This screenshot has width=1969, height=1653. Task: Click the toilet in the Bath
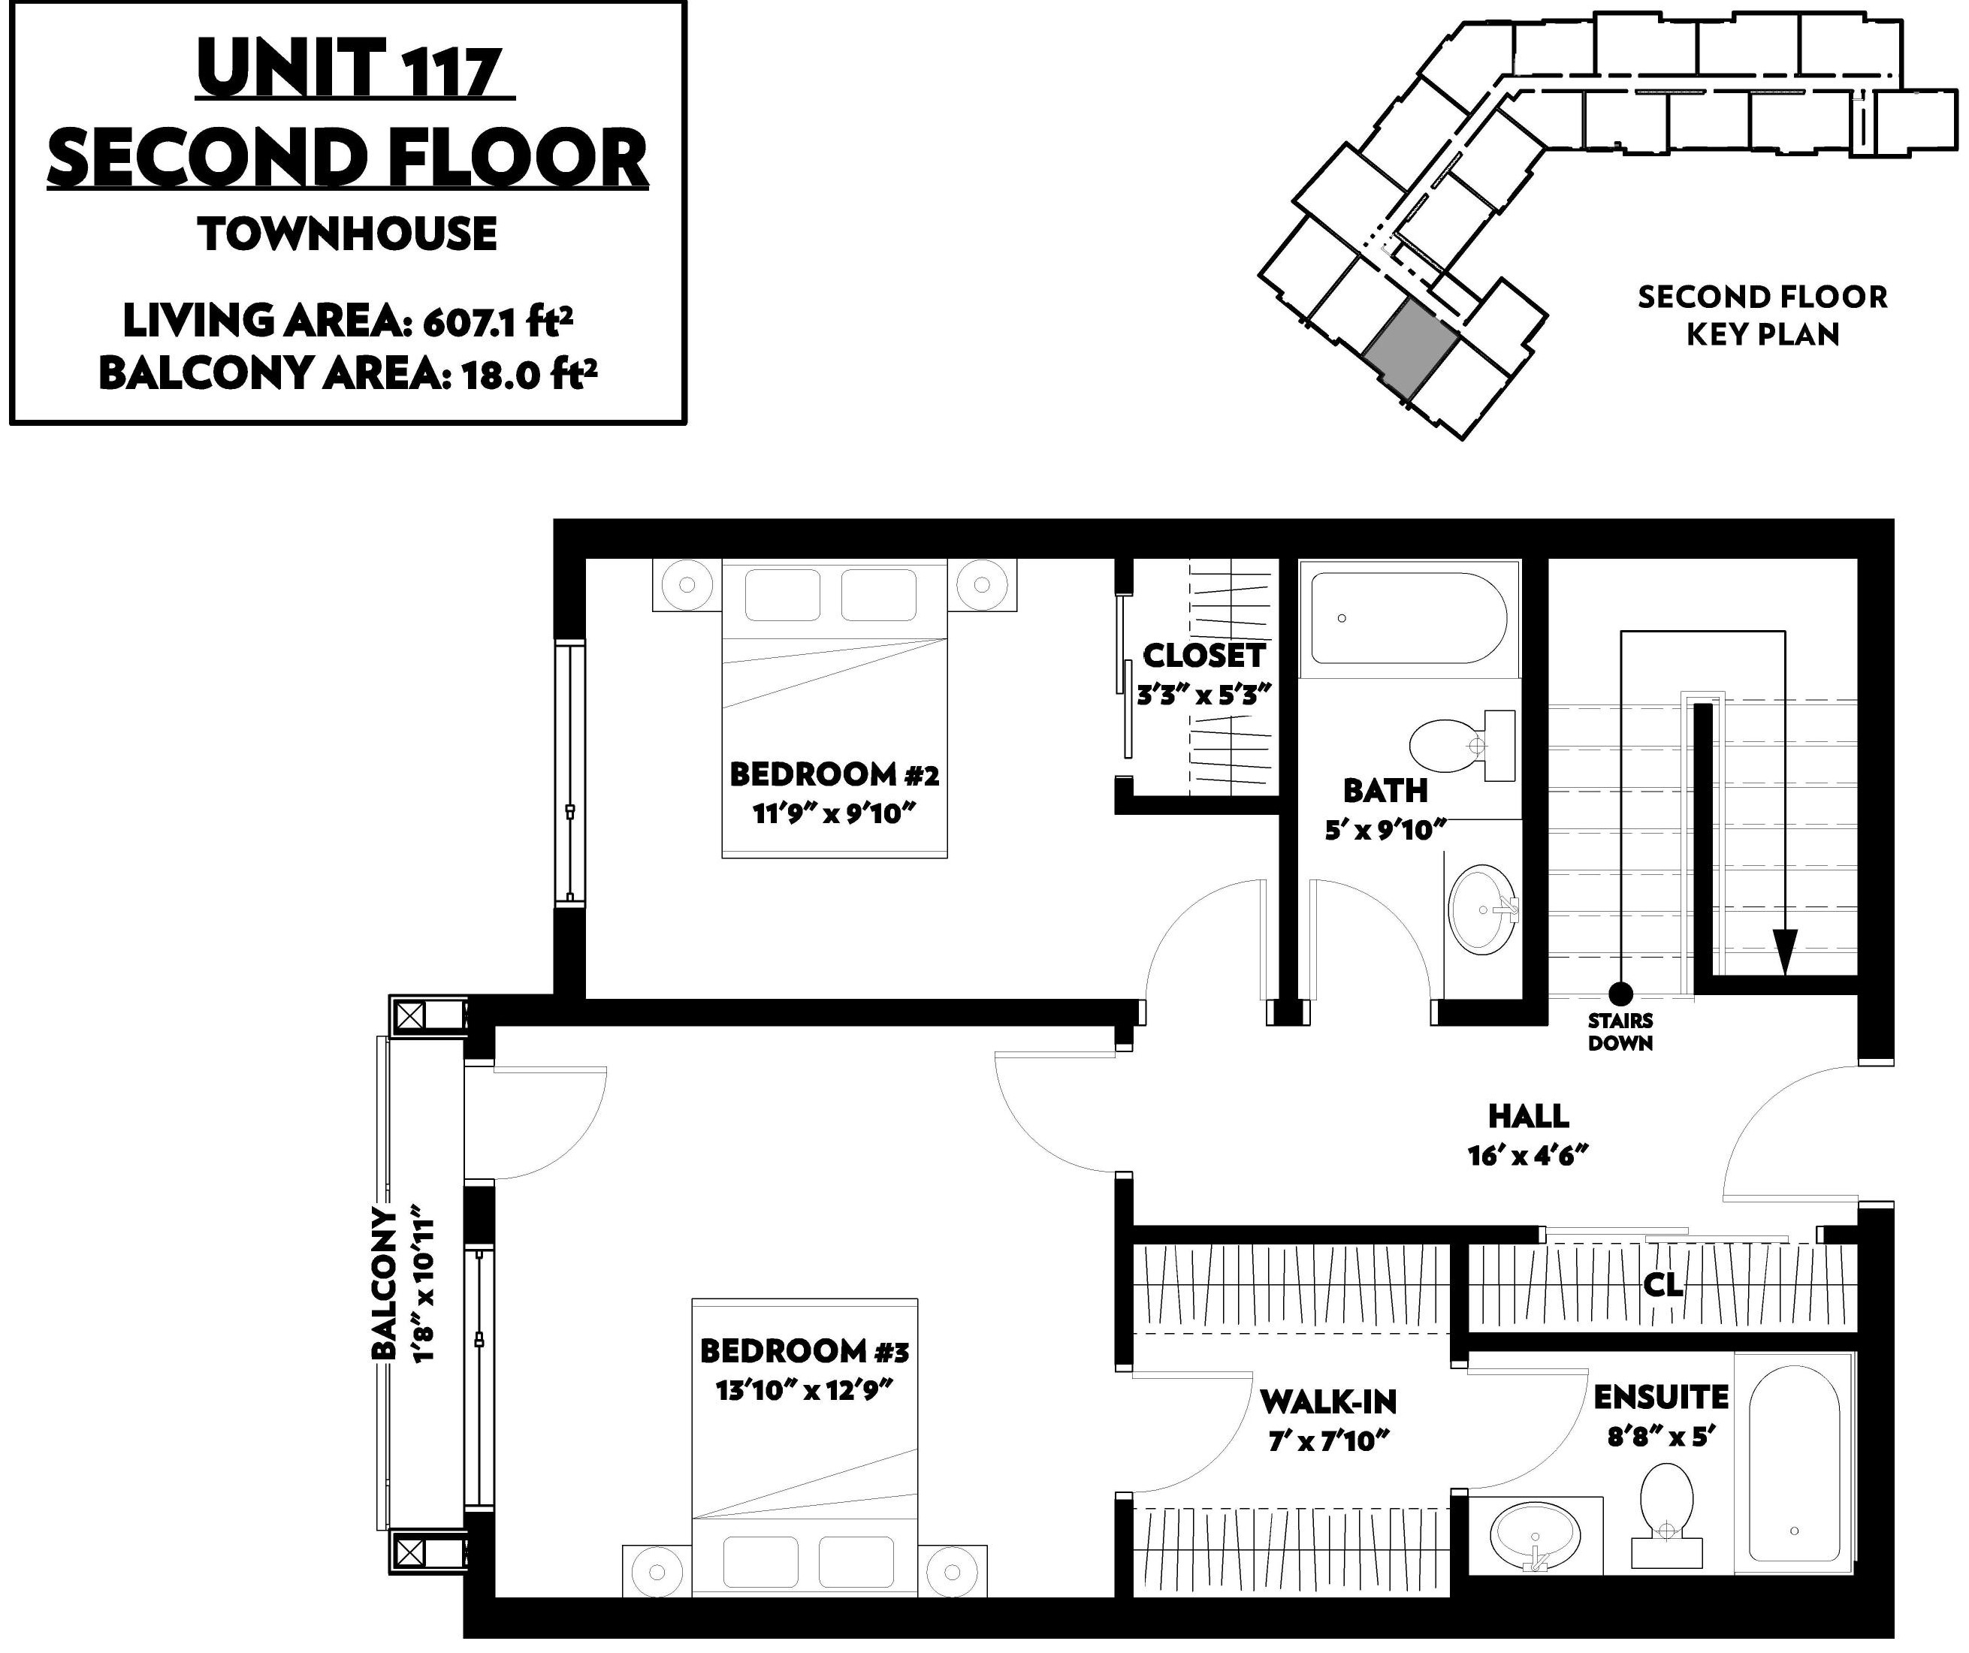point(1462,746)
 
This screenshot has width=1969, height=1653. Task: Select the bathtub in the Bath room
point(1409,619)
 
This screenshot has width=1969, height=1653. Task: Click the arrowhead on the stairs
point(1784,952)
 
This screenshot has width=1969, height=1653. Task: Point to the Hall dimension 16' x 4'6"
point(1528,1156)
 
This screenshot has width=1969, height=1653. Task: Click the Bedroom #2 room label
point(835,774)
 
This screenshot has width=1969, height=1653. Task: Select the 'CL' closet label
point(1663,1283)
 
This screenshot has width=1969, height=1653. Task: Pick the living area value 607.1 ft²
point(498,321)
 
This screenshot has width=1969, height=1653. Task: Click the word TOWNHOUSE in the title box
point(348,234)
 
